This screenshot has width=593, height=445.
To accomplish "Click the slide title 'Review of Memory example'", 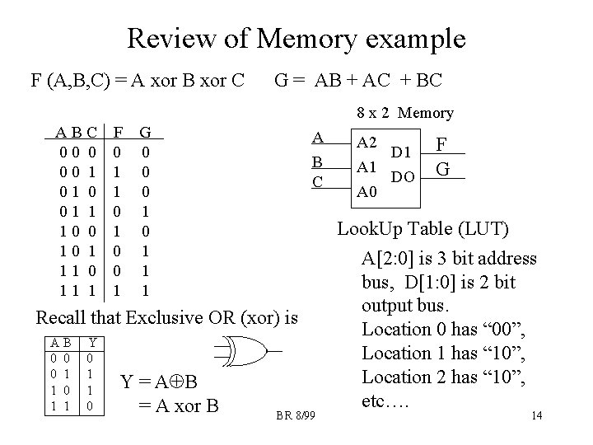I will click(296, 38).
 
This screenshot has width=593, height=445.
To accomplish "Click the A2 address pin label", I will click(367, 142).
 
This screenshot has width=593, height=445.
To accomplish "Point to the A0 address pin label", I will click(367, 193).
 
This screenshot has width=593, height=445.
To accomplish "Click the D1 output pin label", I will click(401, 153).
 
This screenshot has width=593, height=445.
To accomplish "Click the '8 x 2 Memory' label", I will click(404, 114).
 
